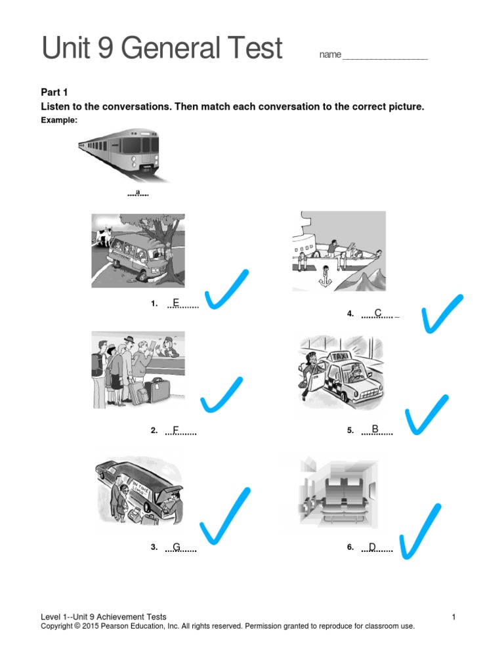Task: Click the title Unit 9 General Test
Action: click(x=162, y=49)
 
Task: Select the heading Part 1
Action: click(x=54, y=93)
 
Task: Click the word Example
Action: click(x=59, y=120)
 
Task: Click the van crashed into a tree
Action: click(x=138, y=251)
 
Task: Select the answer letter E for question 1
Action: click(x=175, y=303)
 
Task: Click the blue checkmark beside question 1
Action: click(x=226, y=290)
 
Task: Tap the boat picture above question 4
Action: click(x=339, y=251)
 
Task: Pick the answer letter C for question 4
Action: click(x=378, y=313)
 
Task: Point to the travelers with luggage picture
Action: click(x=138, y=369)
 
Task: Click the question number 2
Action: click(x=154, y=430)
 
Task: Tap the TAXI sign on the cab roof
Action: click(x=341, y=356)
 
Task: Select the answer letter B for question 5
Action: click(x=375, y=429)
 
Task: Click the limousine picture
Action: click(x=138, y=489)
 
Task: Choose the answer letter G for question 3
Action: click(x=177, y=547)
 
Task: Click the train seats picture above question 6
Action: click(x=339, y=494)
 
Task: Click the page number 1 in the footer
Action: click(x=453, y=617)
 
